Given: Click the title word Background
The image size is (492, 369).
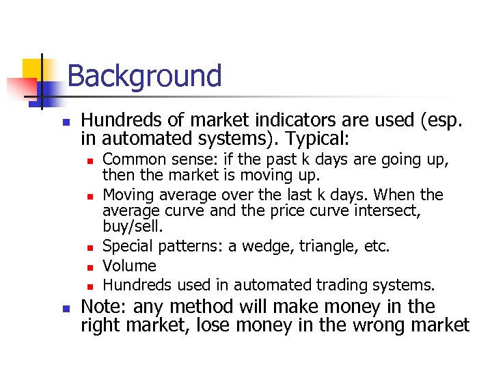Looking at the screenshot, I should (x=144, y=76).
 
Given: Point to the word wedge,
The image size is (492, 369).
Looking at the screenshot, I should (x=273, y=247).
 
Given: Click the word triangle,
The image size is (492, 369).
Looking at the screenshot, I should (x=331, y=247).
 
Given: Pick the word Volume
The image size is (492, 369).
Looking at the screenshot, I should (x=129, y=266).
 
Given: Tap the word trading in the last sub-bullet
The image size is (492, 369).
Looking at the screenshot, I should (x=338, y=285).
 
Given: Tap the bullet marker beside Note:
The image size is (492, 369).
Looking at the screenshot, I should (x=66, y=308).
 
